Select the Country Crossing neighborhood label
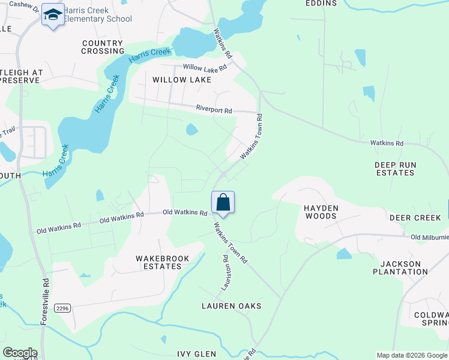102,47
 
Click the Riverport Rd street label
214,110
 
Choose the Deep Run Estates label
395,169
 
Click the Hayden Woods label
321,212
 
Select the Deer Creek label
415,218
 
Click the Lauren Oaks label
231,306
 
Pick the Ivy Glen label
196,354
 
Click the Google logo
20,353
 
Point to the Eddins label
321,4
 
